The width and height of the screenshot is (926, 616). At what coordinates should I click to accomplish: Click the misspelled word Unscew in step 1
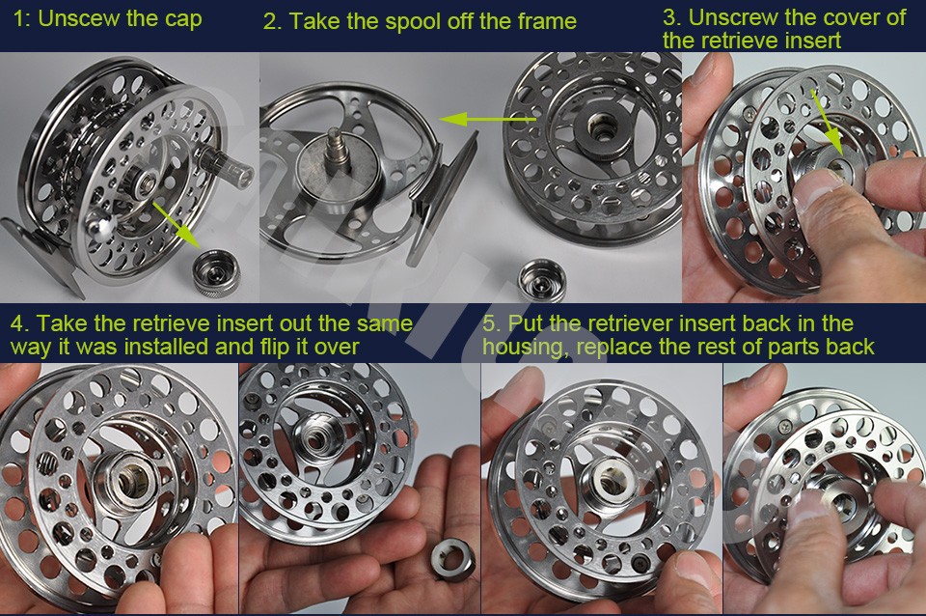[x=79, y=18]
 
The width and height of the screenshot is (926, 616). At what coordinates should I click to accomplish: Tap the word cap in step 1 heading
[x=183, y=20]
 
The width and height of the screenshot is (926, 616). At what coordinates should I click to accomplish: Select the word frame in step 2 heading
[x=547, y=21]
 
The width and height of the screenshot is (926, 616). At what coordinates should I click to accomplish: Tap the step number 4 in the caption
[x=19, y=324]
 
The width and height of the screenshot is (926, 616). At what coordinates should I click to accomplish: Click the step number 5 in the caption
[x=491, y=324]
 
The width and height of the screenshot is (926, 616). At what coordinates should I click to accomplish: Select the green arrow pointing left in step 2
[x=487, y=120]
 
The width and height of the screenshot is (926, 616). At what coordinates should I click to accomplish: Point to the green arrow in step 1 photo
[x=176, y=224]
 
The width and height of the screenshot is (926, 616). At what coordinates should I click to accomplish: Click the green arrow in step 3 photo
[x=827, y=125]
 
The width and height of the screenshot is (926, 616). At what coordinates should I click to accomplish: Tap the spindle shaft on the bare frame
[x=338, y=150]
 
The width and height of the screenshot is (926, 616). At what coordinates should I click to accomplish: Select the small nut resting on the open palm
[x=452, y=558]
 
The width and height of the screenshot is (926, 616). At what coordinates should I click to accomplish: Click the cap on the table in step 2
[x=541, y=280]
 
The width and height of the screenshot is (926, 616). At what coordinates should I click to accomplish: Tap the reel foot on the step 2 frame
[x=443, y=195]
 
